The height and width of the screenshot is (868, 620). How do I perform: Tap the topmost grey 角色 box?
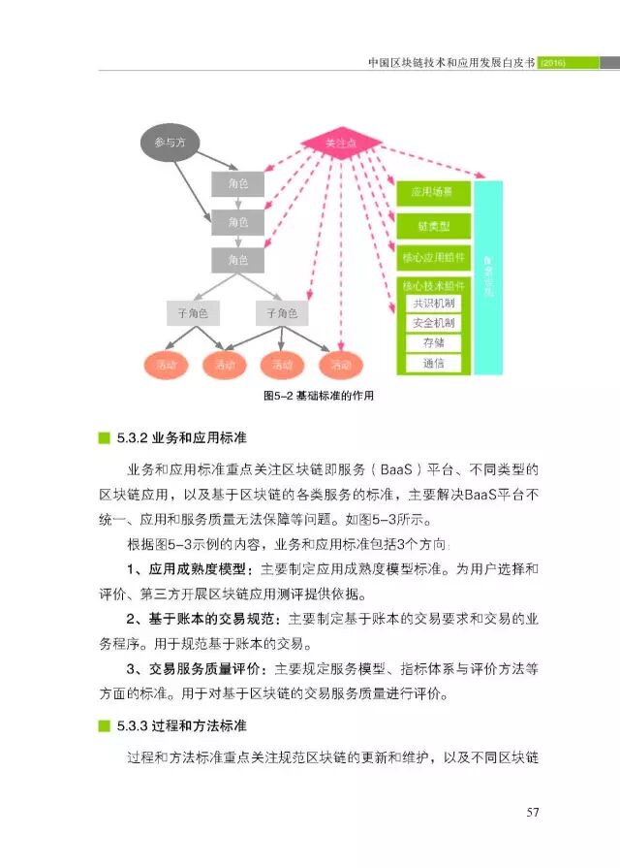238,183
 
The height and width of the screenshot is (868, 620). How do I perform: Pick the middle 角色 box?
238,222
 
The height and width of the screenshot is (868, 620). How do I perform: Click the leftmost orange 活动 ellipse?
166,365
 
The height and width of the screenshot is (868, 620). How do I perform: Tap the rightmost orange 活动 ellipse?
341,365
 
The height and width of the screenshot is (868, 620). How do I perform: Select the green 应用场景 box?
433,192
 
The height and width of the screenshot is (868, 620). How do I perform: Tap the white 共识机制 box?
433,303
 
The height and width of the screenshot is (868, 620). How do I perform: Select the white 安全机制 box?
433,323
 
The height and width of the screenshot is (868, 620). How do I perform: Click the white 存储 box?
433,343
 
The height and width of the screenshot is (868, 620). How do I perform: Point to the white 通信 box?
433,364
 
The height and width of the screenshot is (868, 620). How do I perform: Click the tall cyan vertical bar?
488,276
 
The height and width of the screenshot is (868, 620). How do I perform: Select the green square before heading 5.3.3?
104,725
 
